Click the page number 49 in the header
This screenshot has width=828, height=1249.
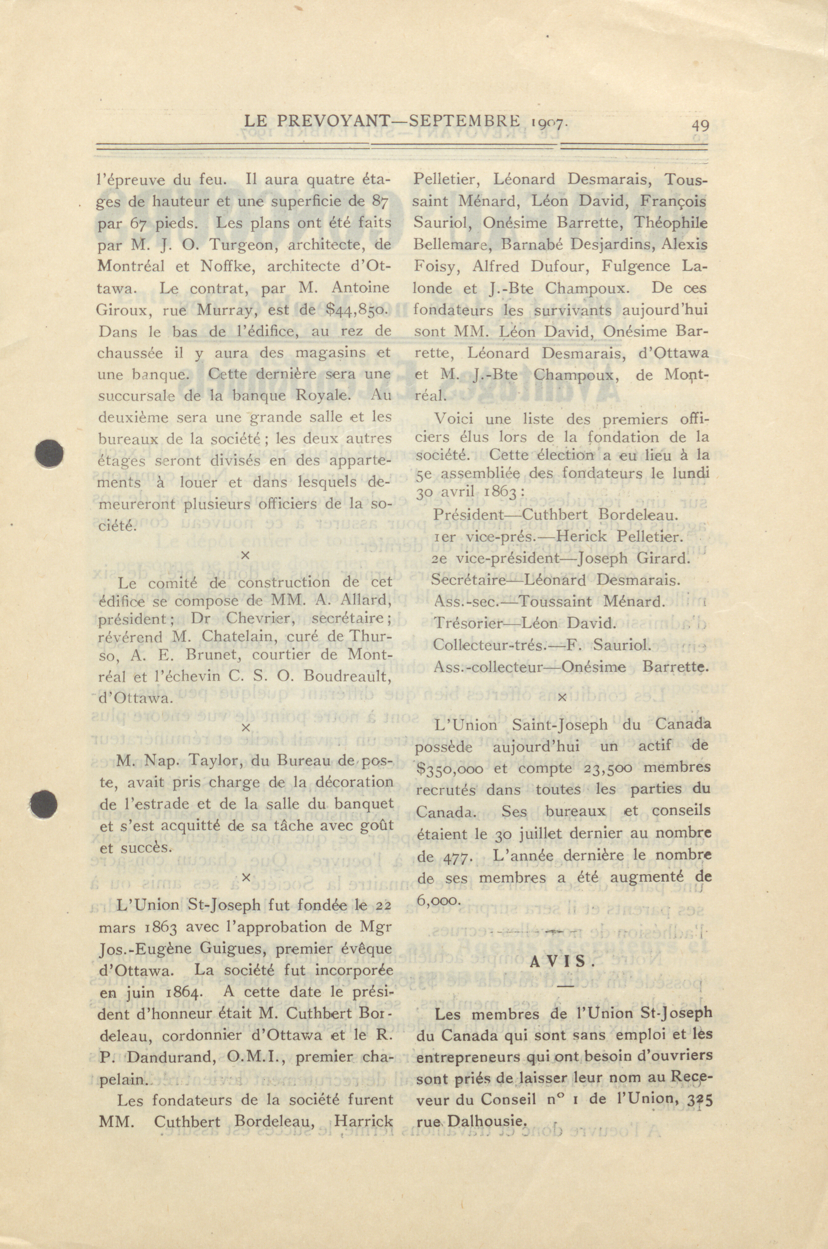(700, 126)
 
